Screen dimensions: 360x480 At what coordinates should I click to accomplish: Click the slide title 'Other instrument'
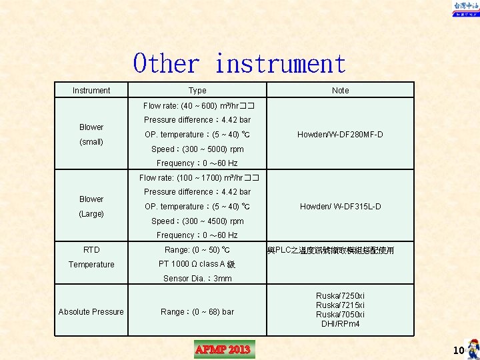click(239, 64)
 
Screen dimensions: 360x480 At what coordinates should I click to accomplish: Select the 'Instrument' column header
click(91, 91)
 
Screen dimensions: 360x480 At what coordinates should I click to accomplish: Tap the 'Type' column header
click(197, 91)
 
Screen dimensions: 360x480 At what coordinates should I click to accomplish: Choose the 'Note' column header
click(340, 91)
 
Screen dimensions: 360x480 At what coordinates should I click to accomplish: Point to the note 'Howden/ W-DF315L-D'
click(340, 207)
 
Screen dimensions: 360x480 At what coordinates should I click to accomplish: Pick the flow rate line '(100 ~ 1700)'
click(198, 178)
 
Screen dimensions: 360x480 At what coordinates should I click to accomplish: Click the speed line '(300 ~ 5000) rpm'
click(197, 149)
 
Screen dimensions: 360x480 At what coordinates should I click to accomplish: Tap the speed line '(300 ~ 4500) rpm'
click(197, 221)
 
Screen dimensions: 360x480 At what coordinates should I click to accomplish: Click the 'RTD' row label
click(91, 250)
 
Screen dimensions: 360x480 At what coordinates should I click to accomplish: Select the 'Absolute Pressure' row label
click(91, 312)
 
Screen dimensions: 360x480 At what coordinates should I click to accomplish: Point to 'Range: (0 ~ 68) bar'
click(197, 312)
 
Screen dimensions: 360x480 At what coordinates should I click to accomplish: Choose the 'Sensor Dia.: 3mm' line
click(197, 279)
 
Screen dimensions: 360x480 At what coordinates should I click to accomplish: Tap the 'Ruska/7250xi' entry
click(340, 296)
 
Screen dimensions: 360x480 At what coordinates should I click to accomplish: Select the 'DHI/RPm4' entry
click(340, 324)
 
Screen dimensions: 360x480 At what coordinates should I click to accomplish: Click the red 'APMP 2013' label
click(223, 349)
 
